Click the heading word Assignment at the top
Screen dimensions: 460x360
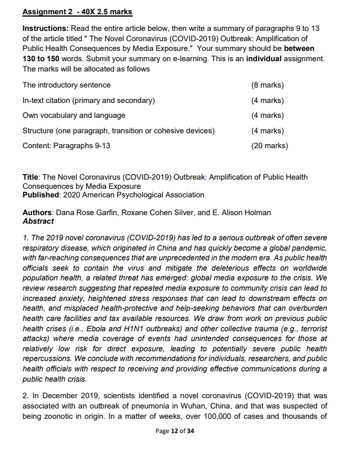click(43, 11)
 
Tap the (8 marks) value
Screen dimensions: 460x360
click(267, 85)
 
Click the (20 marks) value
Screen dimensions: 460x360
click(269, 145)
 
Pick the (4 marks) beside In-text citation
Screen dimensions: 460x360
click(267, 101)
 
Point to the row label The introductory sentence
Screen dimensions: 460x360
click(66, 85)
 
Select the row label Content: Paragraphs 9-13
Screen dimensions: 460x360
click(66, 145)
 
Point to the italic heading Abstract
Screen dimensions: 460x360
click(38, 221)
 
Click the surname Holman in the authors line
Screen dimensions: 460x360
click(258, 213)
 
